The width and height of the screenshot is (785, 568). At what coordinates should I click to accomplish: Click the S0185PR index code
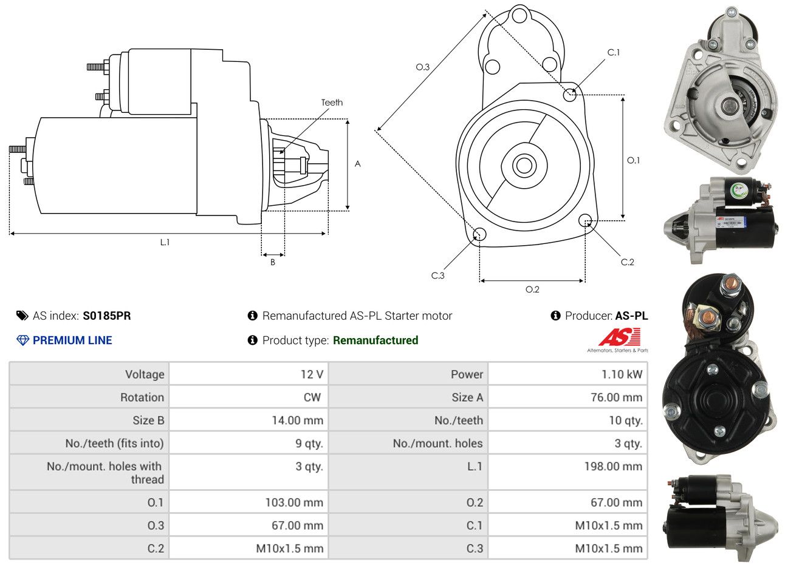pos(106,316)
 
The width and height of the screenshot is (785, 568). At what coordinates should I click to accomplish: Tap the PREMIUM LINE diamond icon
pos(22,340)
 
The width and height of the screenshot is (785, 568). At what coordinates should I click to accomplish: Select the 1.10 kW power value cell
pos(621,374)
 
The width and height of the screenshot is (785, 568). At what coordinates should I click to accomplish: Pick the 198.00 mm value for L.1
pos(615,467)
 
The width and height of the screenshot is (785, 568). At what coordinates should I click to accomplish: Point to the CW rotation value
pos(312,397)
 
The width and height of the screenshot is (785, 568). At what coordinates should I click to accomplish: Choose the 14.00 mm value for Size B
pos(297,421)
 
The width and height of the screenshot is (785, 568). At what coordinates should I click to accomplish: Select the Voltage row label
pos(145,374)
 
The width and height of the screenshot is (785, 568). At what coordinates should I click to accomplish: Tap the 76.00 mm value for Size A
pos(615,397)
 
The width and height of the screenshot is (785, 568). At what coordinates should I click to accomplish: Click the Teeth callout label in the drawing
pos(332,103)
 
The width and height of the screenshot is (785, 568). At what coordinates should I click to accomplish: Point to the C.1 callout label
pos(614,53)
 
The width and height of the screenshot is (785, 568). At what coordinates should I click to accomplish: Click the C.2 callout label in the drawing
pos(627,262)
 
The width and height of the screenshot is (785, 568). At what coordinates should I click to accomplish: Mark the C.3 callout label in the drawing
pos(437,276)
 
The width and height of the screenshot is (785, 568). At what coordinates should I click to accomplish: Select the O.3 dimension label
pos(422,67)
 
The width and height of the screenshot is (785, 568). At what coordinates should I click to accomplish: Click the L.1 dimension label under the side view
pos(165,242)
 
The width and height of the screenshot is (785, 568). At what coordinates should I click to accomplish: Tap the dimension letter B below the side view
pos(273,262)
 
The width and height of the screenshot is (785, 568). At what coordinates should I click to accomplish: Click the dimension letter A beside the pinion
pos(358,164)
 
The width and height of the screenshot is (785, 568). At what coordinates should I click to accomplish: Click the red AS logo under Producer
pos(619,337)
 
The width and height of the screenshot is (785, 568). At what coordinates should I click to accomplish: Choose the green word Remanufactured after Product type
pos(375,340)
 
